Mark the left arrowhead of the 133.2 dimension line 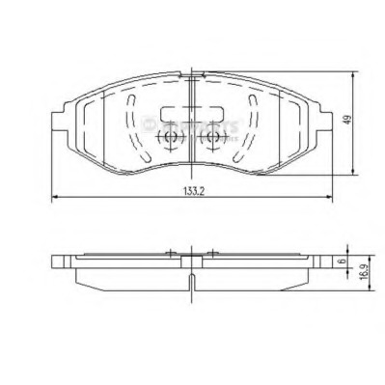click(53, 199)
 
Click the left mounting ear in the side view click(61, 261)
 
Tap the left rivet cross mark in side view click(171, 255)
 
